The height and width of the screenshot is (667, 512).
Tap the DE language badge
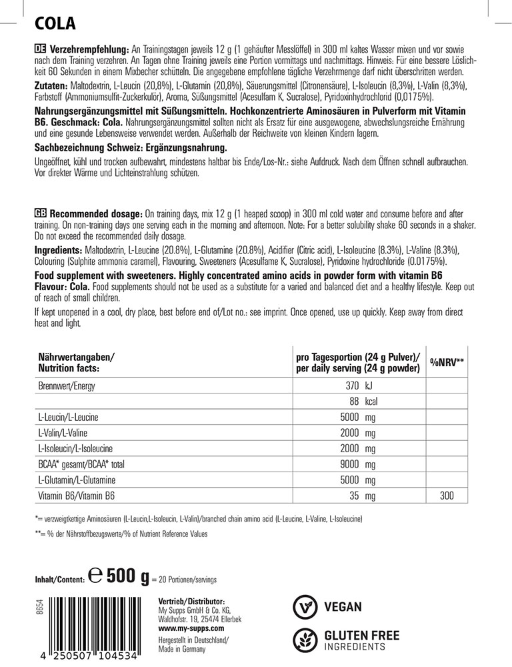click(39, 51)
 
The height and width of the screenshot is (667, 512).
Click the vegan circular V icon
click(305, 607)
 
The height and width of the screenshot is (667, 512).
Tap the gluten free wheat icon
click(305, 640)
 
